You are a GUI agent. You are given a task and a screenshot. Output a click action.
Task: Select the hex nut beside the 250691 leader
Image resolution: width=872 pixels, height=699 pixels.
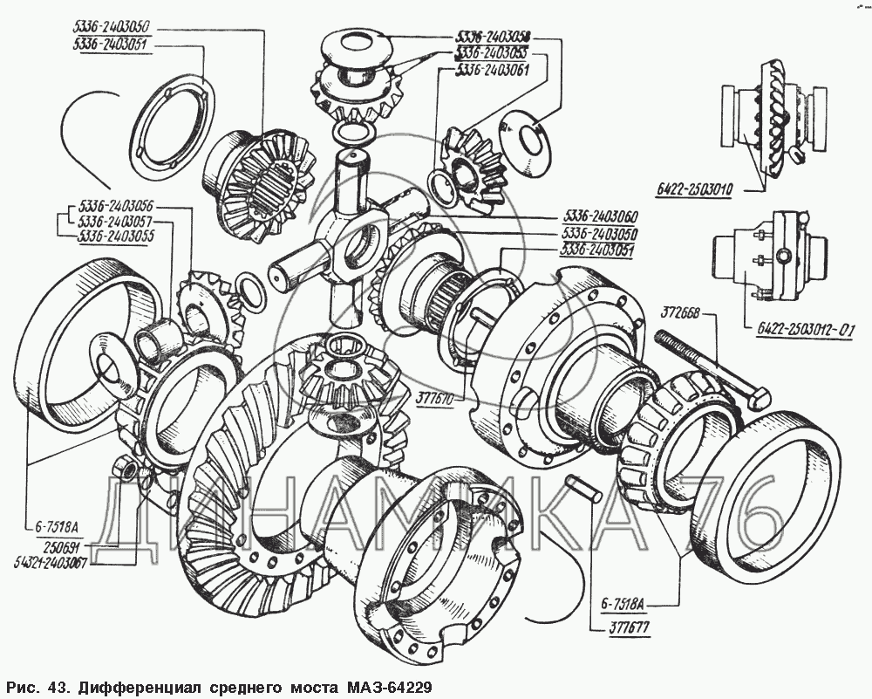point(130,470)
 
